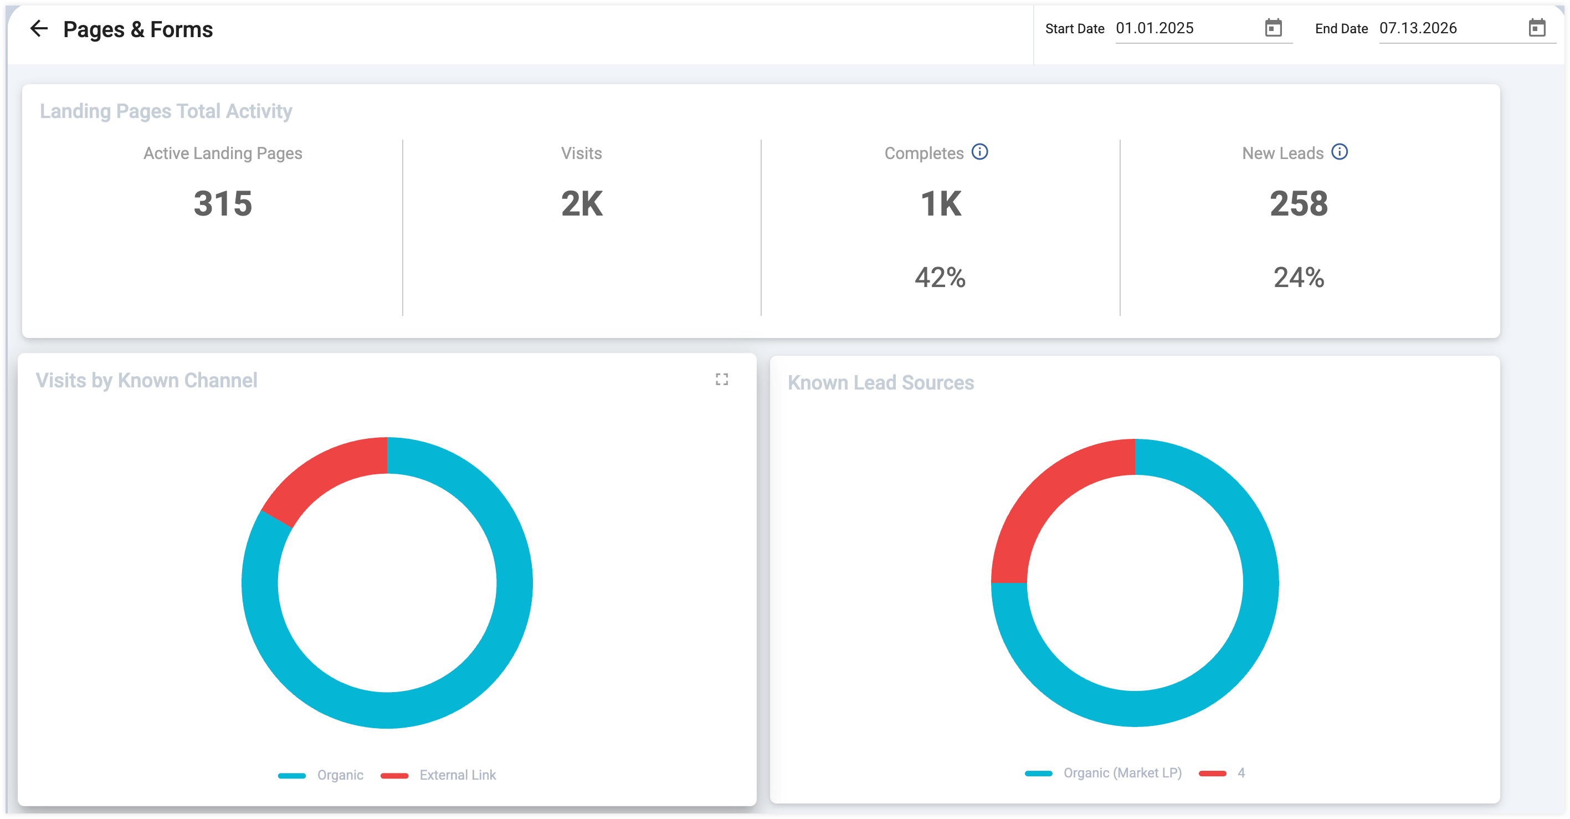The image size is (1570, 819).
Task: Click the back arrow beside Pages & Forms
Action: (39, 28)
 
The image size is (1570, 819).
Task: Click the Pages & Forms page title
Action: (138, 29)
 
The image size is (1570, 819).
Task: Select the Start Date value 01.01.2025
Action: (1155, 28)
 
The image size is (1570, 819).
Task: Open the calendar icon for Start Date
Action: (1273, 28)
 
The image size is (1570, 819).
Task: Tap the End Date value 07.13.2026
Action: (1418, 28)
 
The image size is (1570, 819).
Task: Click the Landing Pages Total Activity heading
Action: (166, 111)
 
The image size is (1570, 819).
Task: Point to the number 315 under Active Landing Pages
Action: (223, 203)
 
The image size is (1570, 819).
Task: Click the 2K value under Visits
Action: (582, 203)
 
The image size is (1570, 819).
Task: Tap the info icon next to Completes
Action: (979, 152)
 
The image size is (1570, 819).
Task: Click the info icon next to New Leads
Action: (1339, 152)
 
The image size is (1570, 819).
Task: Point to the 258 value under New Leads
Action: (1299, 203)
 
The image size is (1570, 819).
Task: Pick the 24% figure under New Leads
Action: (1299, 278)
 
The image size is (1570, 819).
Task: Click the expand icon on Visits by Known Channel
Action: (722, 380)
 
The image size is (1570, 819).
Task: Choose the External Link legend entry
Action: (438, 775)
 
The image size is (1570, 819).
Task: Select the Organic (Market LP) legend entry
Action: (1103, 773)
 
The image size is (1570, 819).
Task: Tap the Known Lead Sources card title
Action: (881, 382)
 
